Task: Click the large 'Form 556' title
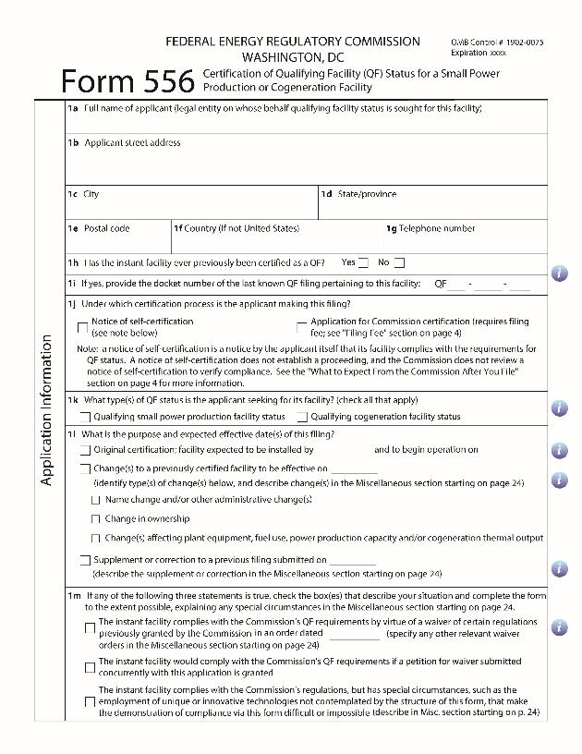pyautogui.click(x=127, y=81)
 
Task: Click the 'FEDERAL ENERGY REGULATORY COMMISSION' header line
pyautogui.click(x=292, y=42)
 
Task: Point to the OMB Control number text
pyautogui.click(x=497, y=43)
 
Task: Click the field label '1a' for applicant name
pyautogui.click(x=73, y=108)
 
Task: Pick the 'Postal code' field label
pyautogui.click(x=106, y=228)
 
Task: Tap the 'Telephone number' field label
pyautogui.click(x=437, y=228)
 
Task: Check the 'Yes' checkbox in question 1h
pyautogui.click(x=363, y=263)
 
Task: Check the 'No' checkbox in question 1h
pyautogui.click(x=399, y=263)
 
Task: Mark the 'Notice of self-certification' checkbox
pyautogui.click(x=83, y=326)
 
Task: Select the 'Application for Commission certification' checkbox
pyautogui.click(x=301, y=326)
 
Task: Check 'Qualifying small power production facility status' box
pyautogui.click(x=85, y=417)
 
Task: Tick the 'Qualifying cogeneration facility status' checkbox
pyautogui.click(x=302, y=417)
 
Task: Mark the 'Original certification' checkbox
pyautogui.click(x=85, y=451)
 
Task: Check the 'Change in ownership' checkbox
pyautogui.click(x=95, y=519)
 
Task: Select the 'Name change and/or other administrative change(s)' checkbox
pyautogui.click(x=95, y=500)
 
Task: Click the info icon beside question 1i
pyautogui.click(x=559, y=274)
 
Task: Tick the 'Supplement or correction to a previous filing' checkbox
pyautogui.click(x=85, y=560)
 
